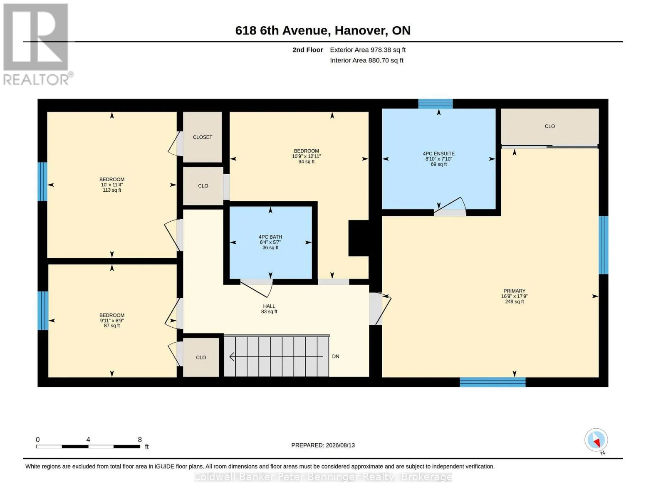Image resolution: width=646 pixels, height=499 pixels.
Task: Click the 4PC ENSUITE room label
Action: tap(438, 154)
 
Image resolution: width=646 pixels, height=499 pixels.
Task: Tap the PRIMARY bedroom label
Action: tap(514, 291)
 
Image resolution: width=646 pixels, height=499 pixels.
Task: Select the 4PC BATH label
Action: tap(270, 237)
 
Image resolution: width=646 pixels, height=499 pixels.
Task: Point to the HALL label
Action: tap(269, 306)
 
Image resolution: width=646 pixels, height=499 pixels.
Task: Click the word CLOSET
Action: tap(203, 137)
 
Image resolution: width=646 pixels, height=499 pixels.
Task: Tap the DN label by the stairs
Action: tap(336, 356)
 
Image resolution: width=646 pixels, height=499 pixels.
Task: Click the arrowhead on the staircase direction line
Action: tap(232, 357)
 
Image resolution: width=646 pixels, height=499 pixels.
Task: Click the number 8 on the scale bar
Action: tap(140, 440)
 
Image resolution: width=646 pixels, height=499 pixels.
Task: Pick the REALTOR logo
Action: tap(37, 44)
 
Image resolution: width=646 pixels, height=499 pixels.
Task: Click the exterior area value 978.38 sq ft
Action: tap(388, 50)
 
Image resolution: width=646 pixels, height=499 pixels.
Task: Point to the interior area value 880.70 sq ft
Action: tap(386, 60)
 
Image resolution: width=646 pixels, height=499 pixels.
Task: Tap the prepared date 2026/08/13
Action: tap(340, 445)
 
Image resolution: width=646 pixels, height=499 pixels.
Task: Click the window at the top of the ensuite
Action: tap(436, 104)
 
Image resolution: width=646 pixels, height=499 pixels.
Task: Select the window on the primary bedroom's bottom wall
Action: tap(493, 382)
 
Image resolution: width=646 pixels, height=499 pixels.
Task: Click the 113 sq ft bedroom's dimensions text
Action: tap(112, 185)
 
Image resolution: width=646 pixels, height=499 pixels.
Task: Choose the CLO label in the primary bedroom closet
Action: tap(549, 126)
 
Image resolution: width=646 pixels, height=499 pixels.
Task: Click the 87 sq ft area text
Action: tap(112, 326)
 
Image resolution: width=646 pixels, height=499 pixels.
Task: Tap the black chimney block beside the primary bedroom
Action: tap(359, 238)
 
